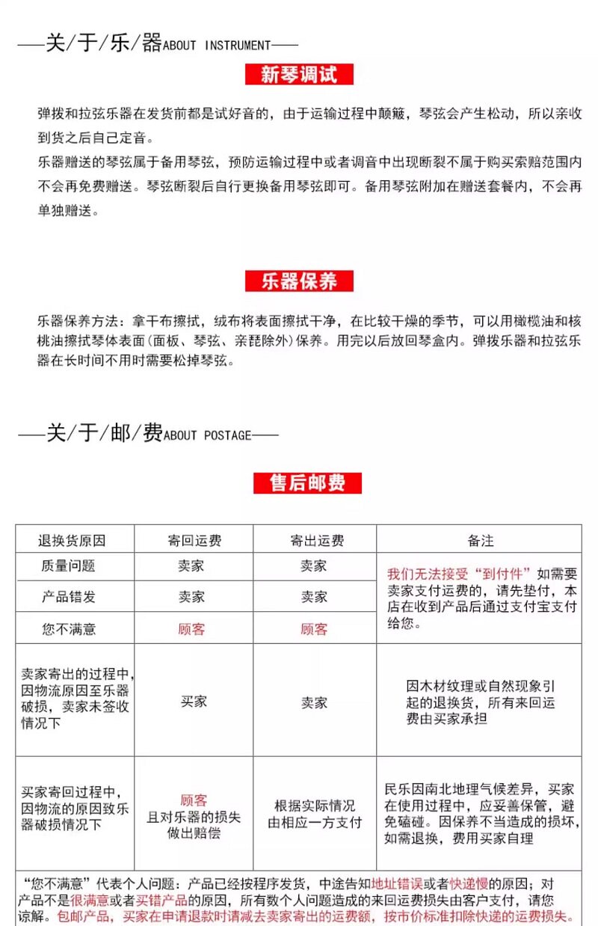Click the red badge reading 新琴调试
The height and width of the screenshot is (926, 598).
point(299,75)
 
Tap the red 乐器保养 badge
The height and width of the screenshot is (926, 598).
point(299,281)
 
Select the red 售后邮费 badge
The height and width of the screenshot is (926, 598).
point(307,483)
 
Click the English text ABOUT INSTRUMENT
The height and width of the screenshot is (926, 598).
point(217,45)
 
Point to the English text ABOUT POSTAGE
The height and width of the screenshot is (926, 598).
point(207,435)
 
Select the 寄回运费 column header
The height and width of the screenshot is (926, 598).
point(194,540)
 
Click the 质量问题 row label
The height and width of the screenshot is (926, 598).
point(68,566)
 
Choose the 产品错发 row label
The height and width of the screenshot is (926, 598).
point(68,597)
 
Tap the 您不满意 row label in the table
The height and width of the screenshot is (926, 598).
point(69,629)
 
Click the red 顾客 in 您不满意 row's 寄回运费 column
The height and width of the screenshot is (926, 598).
point(191,629)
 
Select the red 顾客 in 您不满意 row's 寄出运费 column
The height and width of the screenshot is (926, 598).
point(314,629)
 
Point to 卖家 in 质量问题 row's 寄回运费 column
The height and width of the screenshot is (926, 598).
point(191,566)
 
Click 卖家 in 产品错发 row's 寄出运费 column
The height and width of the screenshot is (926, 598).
point(314,597)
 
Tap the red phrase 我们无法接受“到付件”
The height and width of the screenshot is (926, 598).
point(459,574)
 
